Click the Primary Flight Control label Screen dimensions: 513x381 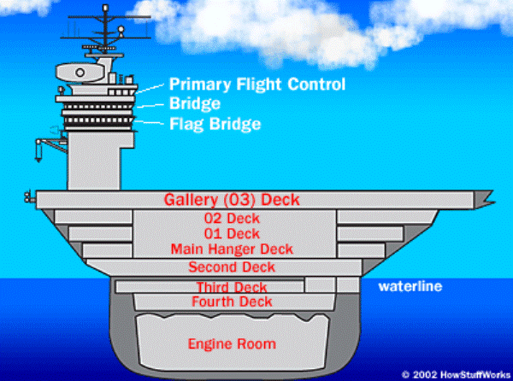[x=257, y=85]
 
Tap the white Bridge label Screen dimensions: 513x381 [x=195, y=104]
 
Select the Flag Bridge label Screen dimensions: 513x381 [x=215, y=124]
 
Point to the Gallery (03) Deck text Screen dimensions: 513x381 [x=232, y=200]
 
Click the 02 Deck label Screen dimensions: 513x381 [x=232, y=219]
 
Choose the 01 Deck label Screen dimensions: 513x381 [x=232, y=233]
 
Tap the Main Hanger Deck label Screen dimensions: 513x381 [x=232, y=249]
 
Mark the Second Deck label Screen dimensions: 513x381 [x=232, y=267]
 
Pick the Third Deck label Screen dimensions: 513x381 [x=232, y=287]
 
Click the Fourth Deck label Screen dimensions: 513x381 [x=232, y=302]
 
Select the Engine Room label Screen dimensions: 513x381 [x=232, y=343]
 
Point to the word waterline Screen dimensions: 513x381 [x=410, y=286]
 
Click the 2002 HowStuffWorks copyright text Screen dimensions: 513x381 [x=456, y=374]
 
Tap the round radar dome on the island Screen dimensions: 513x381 [x=80, y=73]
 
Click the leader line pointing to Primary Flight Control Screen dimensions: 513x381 [x=150, y=88]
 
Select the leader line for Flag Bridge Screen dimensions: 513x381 [x=149, y=123]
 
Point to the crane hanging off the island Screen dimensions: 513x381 [x=49, y=148]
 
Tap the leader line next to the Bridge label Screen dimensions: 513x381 [x=150, y=106]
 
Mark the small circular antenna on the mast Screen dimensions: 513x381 [x=121, y=29]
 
